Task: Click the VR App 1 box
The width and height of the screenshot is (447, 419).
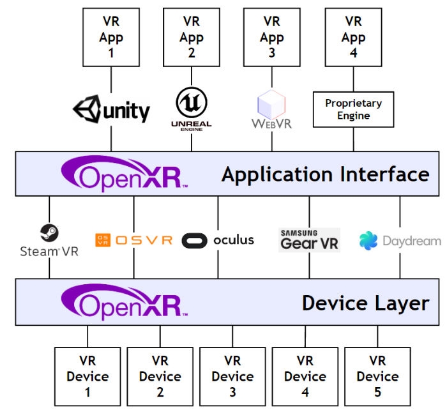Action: (x=111, y=36)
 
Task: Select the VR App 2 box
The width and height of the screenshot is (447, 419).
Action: (x=192, y=36)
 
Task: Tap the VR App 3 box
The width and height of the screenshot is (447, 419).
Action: (x=272, y=36)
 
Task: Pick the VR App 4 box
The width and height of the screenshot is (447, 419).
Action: (x=353, y=36)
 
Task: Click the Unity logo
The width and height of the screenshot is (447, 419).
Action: (x=112, y=110)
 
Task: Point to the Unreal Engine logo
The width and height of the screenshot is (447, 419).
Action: (x=192, y=109)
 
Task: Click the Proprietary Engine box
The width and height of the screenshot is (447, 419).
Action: (x=353, y=109)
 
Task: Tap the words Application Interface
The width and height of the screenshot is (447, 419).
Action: (x=325, y=174)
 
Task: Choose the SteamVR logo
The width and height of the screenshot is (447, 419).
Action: (x=49, y=240)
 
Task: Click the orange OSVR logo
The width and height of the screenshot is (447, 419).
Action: (x=133, y=240)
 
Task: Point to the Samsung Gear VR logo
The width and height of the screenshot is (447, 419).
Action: (x=309, y=240)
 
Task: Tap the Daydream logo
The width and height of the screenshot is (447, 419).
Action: (x=400, y=241)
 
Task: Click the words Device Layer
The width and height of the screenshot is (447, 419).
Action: (x=365, y=303)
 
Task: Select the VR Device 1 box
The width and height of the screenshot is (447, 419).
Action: (x=87, y=377)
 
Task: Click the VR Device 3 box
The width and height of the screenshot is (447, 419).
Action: (x=232, y=377)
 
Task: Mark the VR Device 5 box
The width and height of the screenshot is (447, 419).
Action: (x=377, y=377)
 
